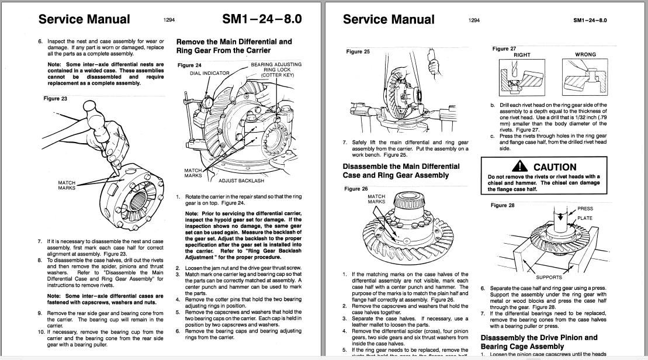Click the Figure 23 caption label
(56, 99)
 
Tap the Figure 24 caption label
(189, 65)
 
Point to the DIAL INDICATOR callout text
(210, 73)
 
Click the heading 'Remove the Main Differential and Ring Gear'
(234, 46)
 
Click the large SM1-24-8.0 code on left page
(262, 19)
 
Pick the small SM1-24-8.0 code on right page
(590, 20)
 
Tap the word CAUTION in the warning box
(555, 167)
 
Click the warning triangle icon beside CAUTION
(523, 167)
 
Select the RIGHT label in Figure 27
(522, 55)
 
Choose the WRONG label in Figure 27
(585, 55)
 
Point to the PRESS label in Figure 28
(585, 209)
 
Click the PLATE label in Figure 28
(585, 218)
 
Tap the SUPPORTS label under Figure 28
(549, 278)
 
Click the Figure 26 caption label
(356, 189)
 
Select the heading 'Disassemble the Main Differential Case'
(401, 171)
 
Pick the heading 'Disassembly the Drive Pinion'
(539, 342)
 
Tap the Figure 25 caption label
(358, 52)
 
